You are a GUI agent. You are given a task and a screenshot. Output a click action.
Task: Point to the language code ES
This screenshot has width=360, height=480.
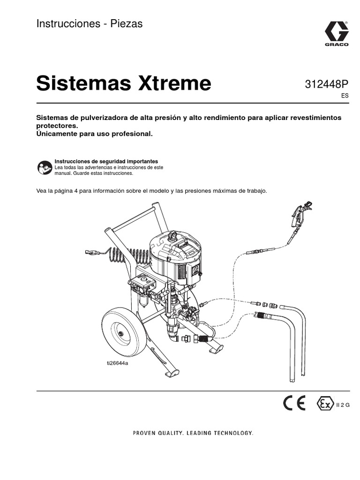[x=345, y=95]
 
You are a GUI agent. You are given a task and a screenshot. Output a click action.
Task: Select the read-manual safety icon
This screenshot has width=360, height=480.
[x=45, y=167]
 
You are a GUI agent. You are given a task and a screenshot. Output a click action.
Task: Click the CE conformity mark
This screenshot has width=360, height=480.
[x=294, y=403]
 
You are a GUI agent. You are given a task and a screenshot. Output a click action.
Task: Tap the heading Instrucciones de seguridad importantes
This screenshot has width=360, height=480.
[x=106, y=161]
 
